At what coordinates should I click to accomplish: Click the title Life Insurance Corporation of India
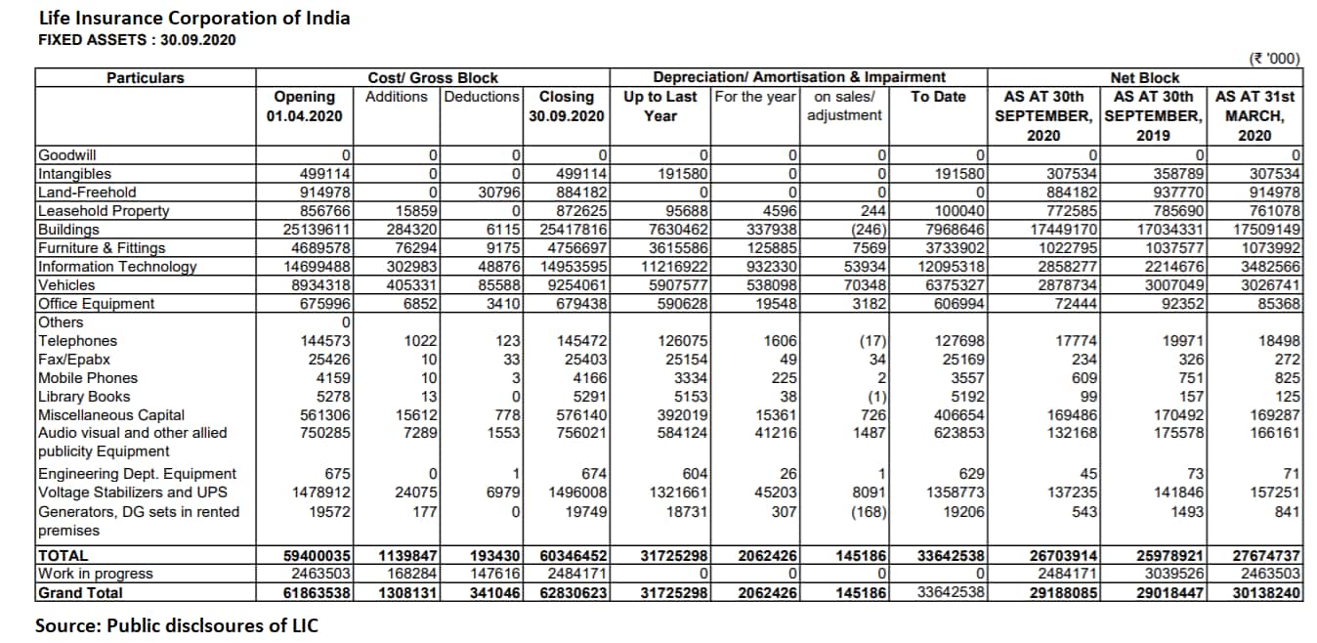tap(193, 18)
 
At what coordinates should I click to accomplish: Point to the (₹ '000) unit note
tap(1275, 58)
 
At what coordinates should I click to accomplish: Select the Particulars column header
tap(146, 77)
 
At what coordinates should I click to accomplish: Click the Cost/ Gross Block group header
tap(432, 77)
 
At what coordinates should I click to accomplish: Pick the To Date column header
tap(937, 96)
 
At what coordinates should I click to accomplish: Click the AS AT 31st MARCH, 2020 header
tap(1254, 115)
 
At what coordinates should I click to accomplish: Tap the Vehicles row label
tap(66, 285)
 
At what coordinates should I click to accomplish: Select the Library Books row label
tap(84, 397)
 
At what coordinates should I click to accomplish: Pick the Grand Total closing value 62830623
tap(572, 593)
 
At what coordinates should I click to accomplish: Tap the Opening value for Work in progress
tap(318, 575)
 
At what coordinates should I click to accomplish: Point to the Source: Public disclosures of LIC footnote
tap(177, 625)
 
